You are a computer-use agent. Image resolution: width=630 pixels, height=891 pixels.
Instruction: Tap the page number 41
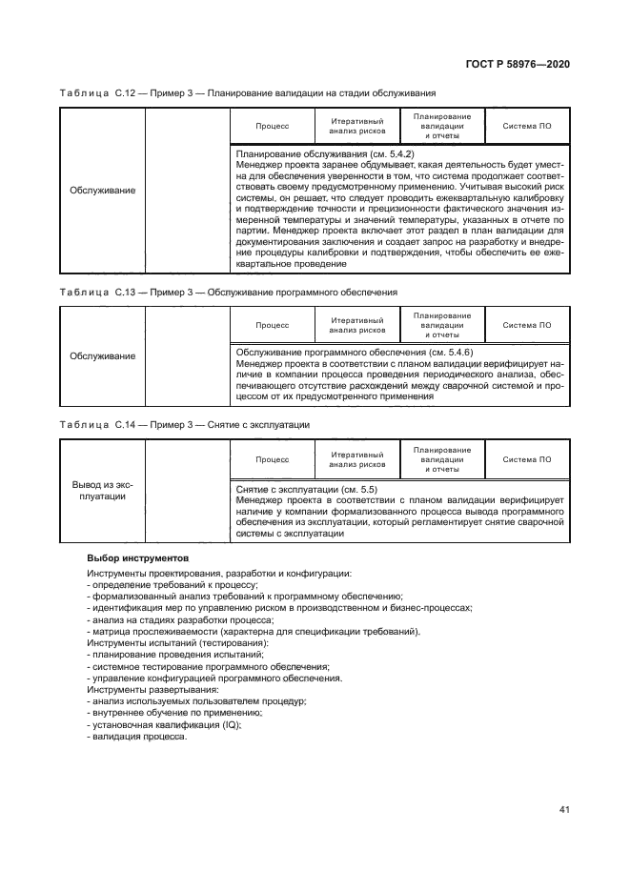click(x=564, y=810)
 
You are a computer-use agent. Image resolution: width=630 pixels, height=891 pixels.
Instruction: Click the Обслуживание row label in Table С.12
click(x=102, y=190)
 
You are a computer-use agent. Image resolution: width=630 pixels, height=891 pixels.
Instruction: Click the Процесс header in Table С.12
click(x=273, y=126)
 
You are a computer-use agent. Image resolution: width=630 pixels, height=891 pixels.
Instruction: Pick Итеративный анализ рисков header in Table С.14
click(x=357, y=459)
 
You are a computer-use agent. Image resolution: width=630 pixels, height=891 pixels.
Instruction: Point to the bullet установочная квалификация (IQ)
click(x=163, y=724)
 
